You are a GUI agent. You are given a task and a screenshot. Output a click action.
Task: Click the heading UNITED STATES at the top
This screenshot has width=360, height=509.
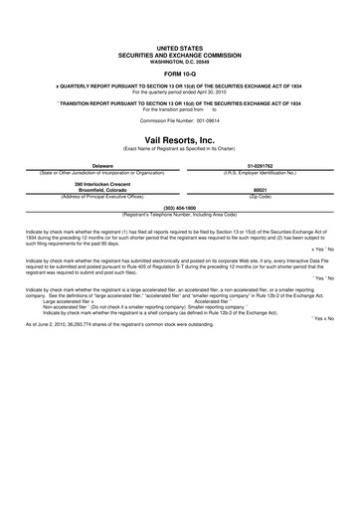click(179, 47)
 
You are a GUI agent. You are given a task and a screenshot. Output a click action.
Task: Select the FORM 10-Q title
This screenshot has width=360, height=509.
click(179, 72)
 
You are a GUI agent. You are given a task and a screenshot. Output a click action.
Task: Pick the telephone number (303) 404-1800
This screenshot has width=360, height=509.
click(179, 207)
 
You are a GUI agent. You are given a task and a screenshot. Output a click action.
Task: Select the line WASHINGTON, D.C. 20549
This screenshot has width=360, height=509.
click(179, 59)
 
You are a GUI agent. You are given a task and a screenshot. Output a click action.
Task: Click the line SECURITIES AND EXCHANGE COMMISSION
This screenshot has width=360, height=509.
click(179, 53)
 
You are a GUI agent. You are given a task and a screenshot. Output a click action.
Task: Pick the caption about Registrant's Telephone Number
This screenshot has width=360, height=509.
click(179, 213)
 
